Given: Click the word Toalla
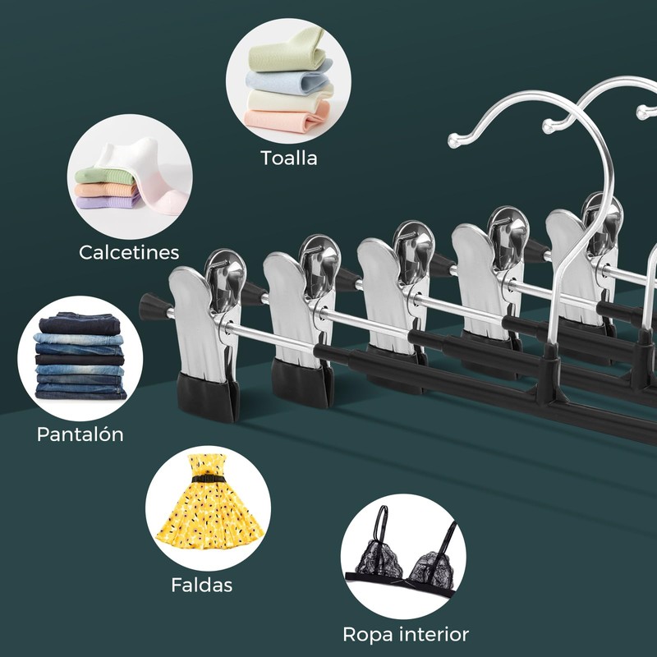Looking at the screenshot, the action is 288,158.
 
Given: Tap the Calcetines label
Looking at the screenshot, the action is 129,252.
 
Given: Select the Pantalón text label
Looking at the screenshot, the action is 80,434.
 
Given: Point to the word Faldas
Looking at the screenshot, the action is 202,586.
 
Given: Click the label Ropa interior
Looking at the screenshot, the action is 406,634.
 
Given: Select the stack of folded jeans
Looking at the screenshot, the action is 80,357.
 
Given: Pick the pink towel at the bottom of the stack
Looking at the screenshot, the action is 287,120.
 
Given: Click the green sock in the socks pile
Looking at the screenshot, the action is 99,175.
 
